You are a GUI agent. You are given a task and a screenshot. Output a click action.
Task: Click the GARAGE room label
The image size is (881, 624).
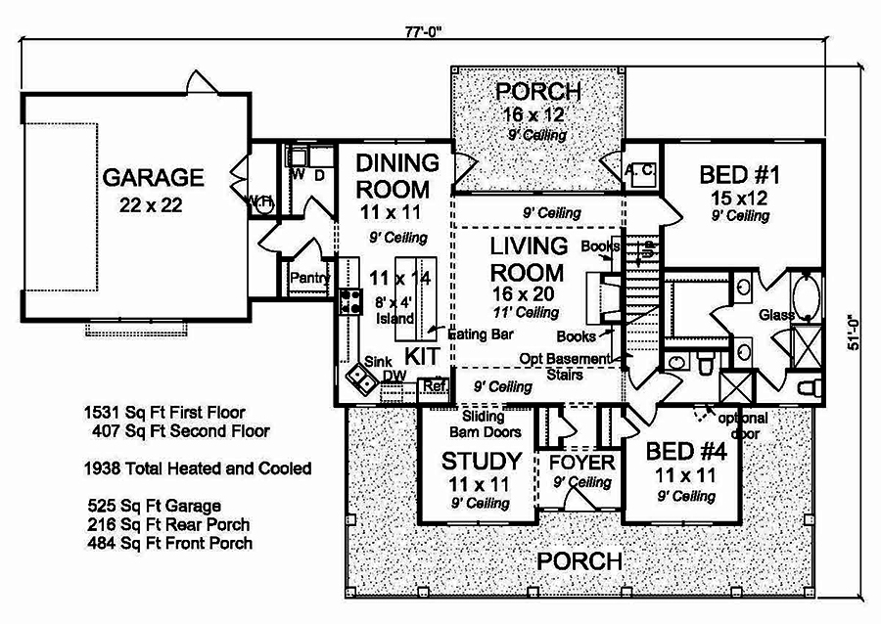coord(154,178)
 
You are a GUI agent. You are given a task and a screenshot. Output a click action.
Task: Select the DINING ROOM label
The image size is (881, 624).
coord(393,175)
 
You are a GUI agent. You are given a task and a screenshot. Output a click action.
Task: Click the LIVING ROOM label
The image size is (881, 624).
coord(527,259)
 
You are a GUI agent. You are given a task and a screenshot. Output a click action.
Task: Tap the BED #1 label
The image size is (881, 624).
coord(739,176)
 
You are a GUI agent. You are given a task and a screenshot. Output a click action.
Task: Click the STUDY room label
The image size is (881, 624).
coord(480,461)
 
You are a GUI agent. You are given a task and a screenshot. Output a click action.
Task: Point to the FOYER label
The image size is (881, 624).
coord(580,462)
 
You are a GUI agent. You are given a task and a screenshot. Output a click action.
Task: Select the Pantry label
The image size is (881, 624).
coord(307,278)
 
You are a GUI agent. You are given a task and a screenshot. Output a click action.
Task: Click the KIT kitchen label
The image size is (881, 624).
coord(422,353)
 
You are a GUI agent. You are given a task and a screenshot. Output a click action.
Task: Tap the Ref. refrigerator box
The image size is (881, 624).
coord(434,385)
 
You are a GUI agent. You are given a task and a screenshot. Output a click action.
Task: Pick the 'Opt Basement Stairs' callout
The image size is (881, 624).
coord(565,367)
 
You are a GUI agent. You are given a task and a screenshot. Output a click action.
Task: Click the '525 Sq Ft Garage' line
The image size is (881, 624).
coord(153,506)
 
